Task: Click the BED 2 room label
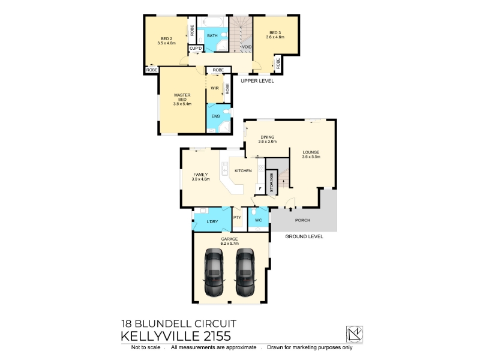point(167,39)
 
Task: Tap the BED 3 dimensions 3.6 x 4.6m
point(275,37)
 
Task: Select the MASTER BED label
point(182,97)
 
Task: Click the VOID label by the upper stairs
point(247,47)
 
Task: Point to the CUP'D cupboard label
point(196,49)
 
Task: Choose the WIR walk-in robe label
point(215,88)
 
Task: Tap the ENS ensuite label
point(215,116)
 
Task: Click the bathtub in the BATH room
point(212,22)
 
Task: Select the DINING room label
point(267,137)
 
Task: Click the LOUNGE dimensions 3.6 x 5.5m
point(311,157)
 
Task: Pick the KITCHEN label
point(243,171)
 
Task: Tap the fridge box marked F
point(260,189)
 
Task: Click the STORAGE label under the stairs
point(272,182)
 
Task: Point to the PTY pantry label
point(237,218)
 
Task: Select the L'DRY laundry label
point(212,221)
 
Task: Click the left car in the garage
point(214,272)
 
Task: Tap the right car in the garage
point(245,272)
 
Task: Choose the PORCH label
point(302,220)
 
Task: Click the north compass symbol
point(355,334)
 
